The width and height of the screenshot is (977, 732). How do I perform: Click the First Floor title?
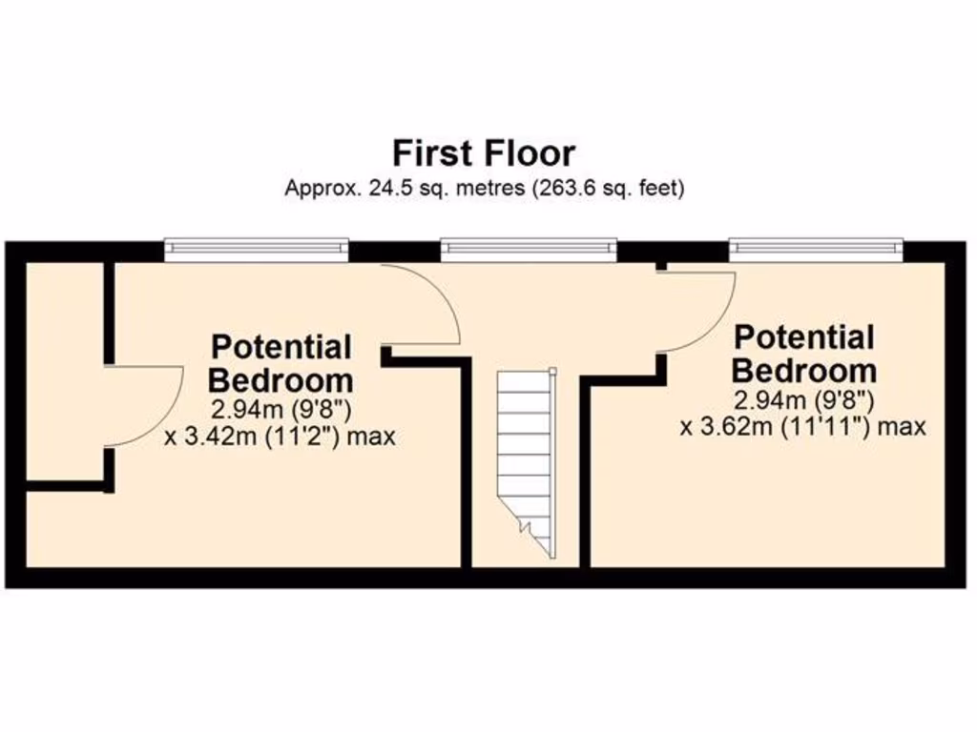(484, 152)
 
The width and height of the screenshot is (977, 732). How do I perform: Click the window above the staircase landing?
(529, 250)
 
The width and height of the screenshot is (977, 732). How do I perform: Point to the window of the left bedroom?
(256, 250)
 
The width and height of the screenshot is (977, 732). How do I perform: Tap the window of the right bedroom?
(816, 250)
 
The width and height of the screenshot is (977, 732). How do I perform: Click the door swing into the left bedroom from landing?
(425, 305)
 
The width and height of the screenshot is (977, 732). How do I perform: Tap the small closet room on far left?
(63, 372)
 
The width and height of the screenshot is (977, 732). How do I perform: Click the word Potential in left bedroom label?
(281, 346)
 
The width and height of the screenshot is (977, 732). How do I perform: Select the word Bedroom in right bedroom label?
(803, 369)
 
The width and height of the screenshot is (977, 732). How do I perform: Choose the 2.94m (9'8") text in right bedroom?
(803, 398)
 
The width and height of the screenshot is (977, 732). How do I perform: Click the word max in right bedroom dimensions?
(903, 426)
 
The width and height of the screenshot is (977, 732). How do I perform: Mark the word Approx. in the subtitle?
(320, 189)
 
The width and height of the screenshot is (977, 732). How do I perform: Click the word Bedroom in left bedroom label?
(281, 380)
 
